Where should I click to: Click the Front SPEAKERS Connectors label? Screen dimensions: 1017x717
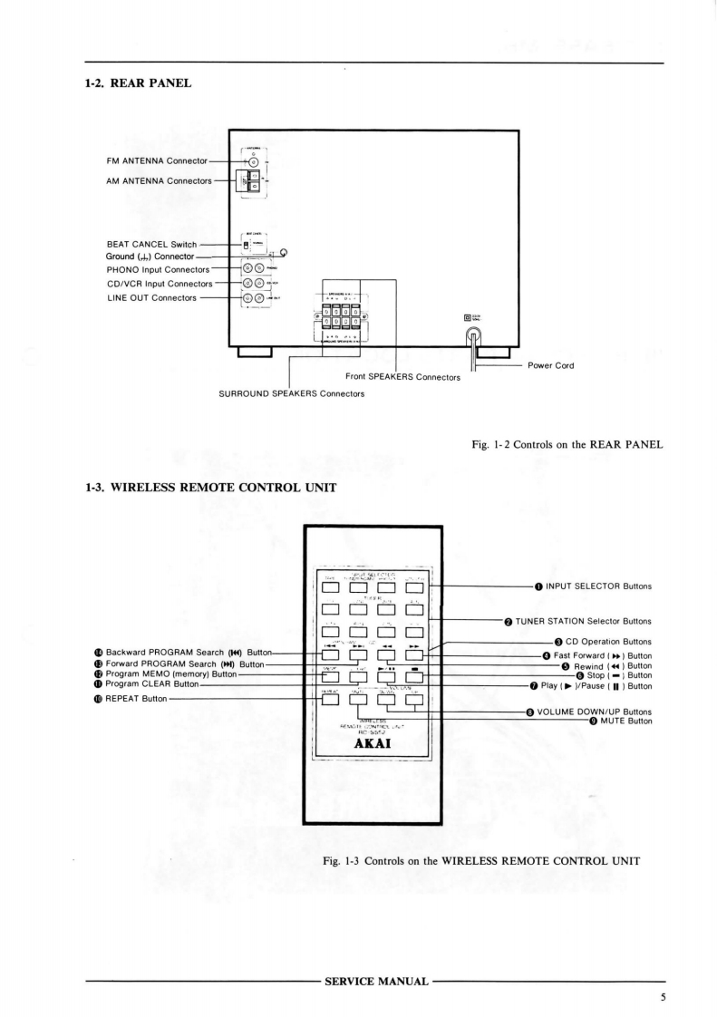click(x=402, y=377)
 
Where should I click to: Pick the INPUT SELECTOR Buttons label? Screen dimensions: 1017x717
click(x=598, y=586)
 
